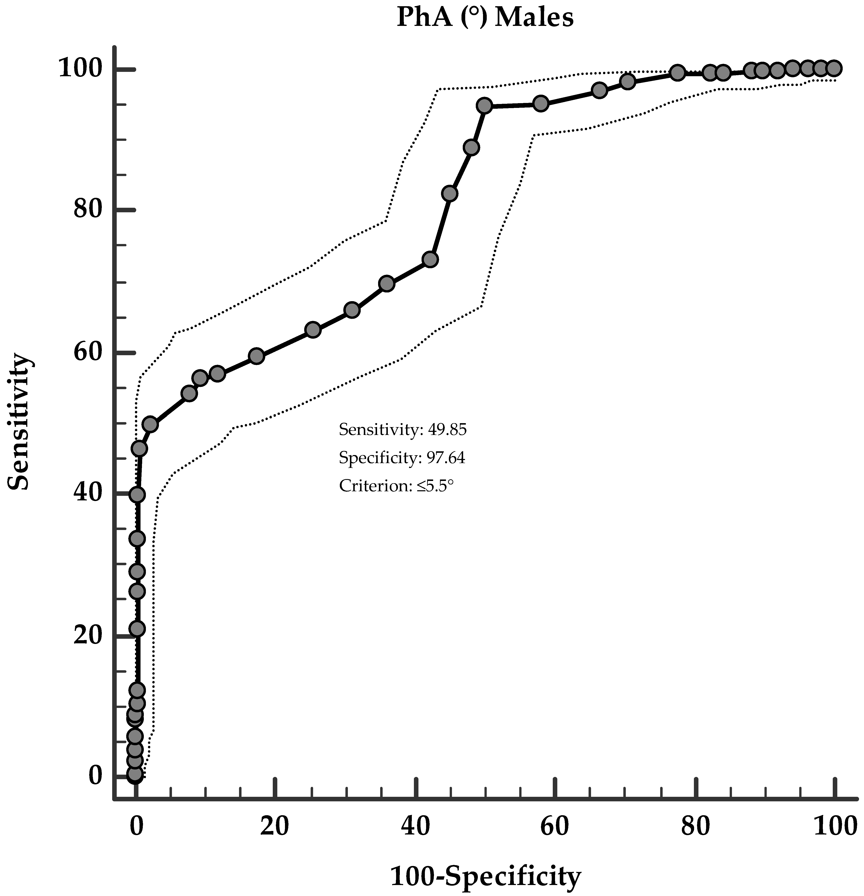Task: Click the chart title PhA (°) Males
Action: [485, 18]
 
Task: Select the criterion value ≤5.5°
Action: [435, 485]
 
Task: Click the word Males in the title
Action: [534, 18]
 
